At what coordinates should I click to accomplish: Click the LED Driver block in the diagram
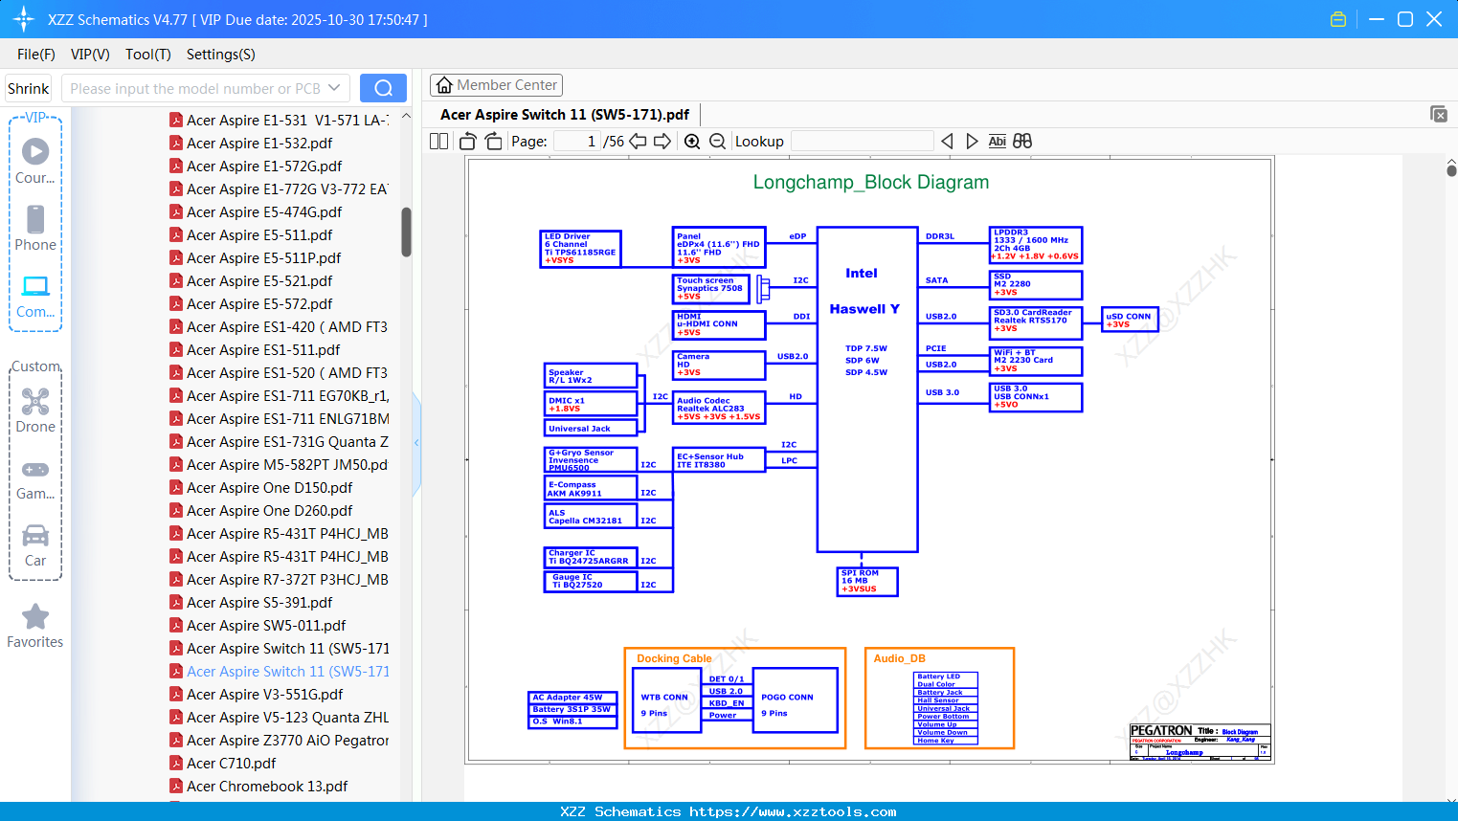tap(580, 249)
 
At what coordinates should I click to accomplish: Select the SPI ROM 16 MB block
tap(867, 582)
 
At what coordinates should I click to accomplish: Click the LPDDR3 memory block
tap(1035, 245)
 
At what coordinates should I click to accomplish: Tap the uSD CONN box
tap(1130, 320)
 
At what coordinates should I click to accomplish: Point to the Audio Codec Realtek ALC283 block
tap(719, 409)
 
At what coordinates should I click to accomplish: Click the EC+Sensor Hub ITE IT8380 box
tap(719, 460)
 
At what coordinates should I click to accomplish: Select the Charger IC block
tap(590, 557)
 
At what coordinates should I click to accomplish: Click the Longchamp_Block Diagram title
tap(870, 182)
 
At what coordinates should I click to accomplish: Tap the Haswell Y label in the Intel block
tap(864, 309)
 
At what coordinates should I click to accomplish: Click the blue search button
tap(383, 88)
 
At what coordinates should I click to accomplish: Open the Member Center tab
tap(496, 85)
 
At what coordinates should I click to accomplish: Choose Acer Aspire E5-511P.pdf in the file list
tap(263, 258)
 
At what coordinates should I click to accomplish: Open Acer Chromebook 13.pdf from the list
tap(267, 787)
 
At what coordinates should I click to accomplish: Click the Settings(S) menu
tap(220, 55)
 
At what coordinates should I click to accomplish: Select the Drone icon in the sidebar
tap(35, 402)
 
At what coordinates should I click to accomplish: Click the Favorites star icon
tap(35, 617)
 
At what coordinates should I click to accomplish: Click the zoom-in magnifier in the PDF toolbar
tap(692, 142)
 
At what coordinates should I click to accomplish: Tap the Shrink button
tap(29, 88)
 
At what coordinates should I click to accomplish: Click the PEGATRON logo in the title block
tap(1160, 731)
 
